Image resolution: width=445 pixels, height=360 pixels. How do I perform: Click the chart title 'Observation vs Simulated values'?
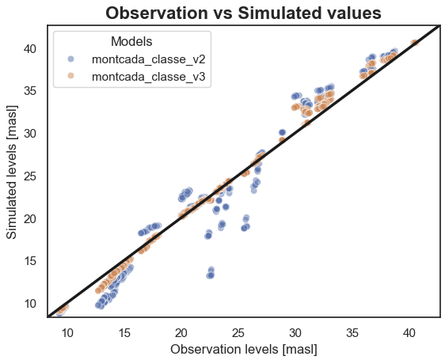243,13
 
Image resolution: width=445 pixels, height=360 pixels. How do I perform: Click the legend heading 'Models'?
131,41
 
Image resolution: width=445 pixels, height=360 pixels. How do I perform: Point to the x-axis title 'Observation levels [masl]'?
243,348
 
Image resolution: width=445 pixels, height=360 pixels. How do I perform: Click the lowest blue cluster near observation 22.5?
211,273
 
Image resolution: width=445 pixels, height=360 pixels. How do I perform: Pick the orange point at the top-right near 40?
415,43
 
